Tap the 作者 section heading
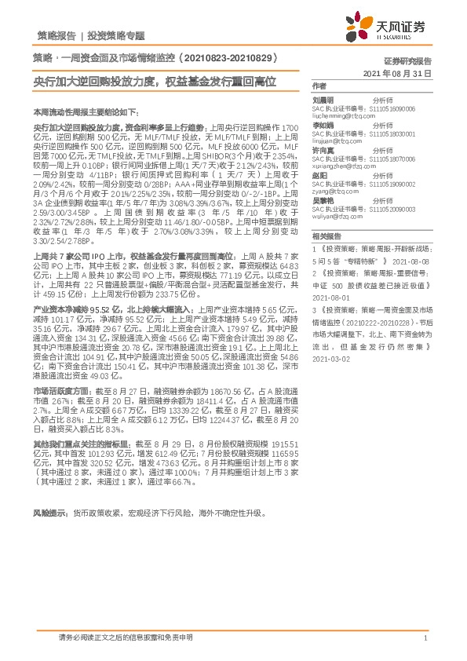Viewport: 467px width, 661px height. pyautogui.click(x=319, y=85)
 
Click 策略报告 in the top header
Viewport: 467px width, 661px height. pyautogui.click(x=57, y=36)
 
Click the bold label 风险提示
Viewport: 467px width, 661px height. pyautogui.click(x=49, y=513)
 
